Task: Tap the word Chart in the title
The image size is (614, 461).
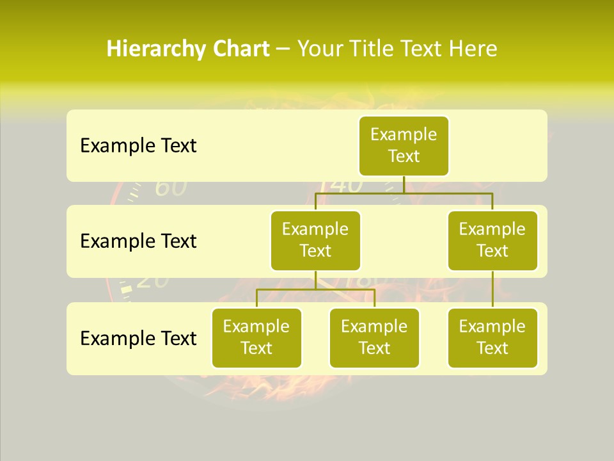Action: click(238, 49)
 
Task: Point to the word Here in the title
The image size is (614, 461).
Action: click(473, 49)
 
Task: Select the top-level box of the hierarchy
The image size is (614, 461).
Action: click(404, 145)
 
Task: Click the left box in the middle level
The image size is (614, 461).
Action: click(315, 240)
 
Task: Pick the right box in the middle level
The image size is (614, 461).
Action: click(492, 240)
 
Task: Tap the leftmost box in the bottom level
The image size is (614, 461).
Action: click(256, 337)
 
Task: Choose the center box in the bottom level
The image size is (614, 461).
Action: click(374, 337)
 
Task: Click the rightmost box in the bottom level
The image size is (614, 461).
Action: click(492, 337)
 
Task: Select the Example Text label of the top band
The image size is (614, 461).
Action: click(138, 146)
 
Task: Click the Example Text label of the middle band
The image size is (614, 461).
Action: click(138, 241)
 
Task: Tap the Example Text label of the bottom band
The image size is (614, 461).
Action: click(138, 338)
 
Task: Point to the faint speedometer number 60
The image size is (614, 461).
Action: click(171, 188)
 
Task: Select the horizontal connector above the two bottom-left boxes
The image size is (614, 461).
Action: click(315, 289)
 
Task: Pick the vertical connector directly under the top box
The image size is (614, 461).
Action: click(404, 184)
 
